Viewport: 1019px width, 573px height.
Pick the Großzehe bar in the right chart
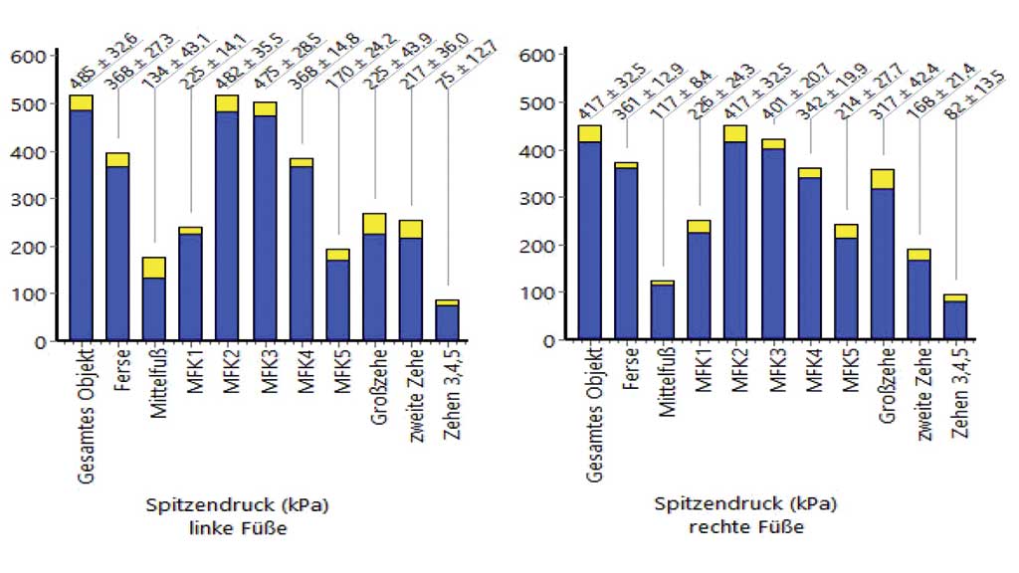882,264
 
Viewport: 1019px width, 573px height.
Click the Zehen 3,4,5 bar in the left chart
447,322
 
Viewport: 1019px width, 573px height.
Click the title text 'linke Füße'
238,529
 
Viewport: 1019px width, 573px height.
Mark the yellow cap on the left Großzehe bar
374,224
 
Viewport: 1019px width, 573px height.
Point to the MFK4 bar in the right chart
809,259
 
